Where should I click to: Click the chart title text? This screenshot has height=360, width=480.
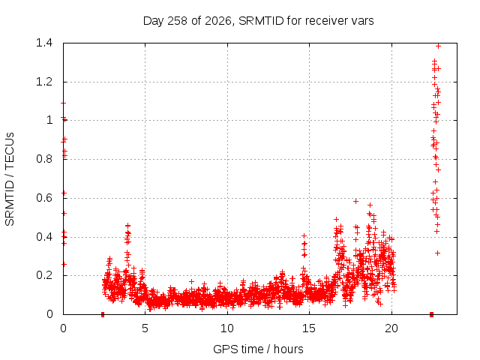(x=258, y=21)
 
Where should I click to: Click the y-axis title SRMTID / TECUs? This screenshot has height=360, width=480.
(x=10, y=179)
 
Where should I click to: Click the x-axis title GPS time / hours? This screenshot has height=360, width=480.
(x=258, y=349)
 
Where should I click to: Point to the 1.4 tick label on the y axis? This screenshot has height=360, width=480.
(x=44, y=43)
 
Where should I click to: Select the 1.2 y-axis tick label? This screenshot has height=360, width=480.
(x=44, y=82)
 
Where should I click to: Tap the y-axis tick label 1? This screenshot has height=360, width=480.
(x=49, y=120)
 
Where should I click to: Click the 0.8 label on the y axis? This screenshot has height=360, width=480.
(x=44, y=159)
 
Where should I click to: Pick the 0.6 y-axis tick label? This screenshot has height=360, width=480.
(x=44, y=198)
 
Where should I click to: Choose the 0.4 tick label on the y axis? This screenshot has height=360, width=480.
(x=44, y=237)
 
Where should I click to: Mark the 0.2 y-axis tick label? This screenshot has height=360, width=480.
(x=44, y=275)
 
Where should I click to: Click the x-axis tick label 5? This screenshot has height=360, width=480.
(x=145, y=328)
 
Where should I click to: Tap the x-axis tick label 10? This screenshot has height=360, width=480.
(x=227, y=328)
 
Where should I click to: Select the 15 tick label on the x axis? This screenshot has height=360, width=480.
(x=309, y=328)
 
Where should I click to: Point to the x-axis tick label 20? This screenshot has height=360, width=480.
(x=391, y=328)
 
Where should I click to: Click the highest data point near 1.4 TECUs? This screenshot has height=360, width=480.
(x=438, y=46)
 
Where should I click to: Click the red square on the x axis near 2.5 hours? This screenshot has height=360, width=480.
(x=103, y=314)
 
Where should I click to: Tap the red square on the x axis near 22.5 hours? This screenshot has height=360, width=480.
(x=431, y=314)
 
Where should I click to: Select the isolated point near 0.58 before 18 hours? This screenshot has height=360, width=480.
(x=355, y=201)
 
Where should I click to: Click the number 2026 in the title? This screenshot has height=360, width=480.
(x=218, y=21)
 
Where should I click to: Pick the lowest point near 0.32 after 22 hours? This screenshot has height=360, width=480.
(x=438, y=253)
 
